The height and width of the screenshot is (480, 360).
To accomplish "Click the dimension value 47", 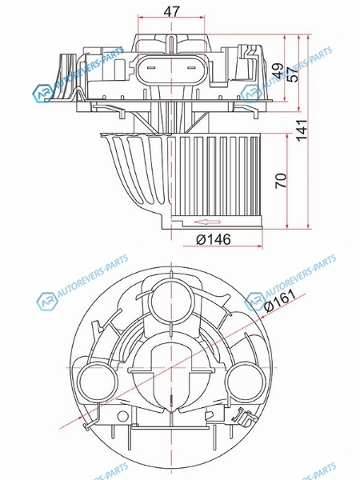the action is (x=171, y=12).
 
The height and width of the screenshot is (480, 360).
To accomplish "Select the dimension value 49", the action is (x=278, y=71).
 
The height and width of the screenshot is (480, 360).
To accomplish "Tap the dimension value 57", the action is (x=293, y=74).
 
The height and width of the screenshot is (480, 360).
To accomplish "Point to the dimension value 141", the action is (x=302, y=130).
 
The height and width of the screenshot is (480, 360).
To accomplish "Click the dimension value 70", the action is (x=281, y=181).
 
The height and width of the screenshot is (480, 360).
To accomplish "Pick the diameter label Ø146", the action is (x=213, y=240).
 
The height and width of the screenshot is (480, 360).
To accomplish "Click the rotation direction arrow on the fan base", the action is (x=207, y=222).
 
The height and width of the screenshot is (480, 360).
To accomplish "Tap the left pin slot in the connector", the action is (x=150, y=68).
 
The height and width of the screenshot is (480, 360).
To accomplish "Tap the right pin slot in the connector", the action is (x=191, y=68).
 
